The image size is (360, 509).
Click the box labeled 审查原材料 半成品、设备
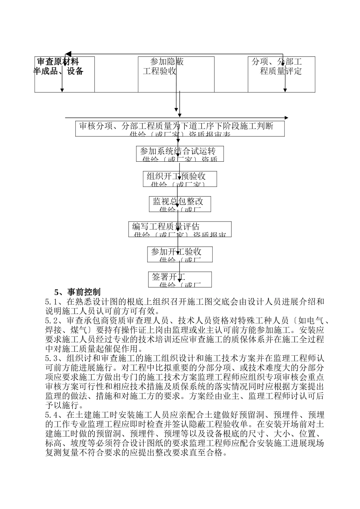pyautogui.click(x=64, y=74)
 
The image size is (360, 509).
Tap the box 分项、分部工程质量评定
pyautogui.click(x=281, y=74)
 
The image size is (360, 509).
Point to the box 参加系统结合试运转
pyautogui.click(x=180, y=154)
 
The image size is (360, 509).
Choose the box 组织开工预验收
pyautogui.click(x=180, y=179)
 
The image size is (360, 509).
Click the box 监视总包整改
pyautogui.click(x=180, y=204)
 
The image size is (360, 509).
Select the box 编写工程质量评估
pyautogui.click(x=180, y=229)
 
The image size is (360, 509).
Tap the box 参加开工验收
pyautogui.click(x=180, y=254)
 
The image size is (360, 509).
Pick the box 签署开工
pyautogui.click(x=180, y=279)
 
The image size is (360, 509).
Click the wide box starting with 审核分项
pyautogui.click(x=180, y=128)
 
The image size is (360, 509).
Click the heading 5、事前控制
pyautogui.click(x=78, y=292)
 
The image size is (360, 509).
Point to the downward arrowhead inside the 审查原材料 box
pyautogui.click(x=62, y=90)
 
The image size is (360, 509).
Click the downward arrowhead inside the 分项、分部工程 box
pyautogui.click(x=285, y=90)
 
